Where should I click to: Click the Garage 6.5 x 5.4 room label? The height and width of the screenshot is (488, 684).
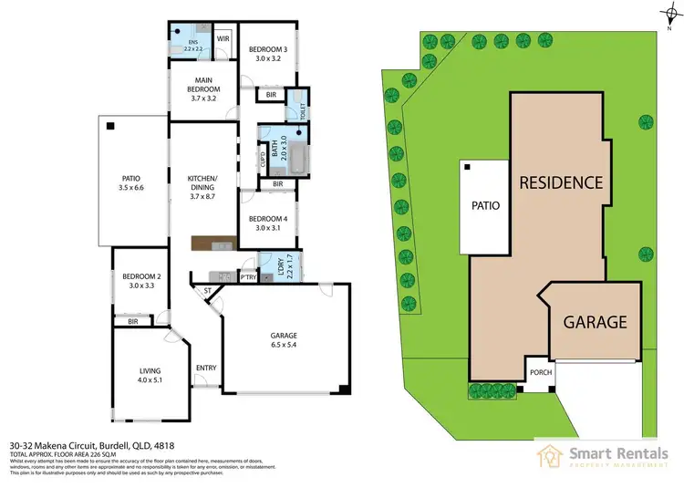284,339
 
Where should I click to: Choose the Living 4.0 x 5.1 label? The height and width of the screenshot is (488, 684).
150,376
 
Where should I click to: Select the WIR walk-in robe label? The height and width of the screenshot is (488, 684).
223,39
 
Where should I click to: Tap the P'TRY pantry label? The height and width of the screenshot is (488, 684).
246,277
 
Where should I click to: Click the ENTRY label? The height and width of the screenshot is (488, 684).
206,369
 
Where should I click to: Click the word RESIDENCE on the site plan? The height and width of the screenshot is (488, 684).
560,182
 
